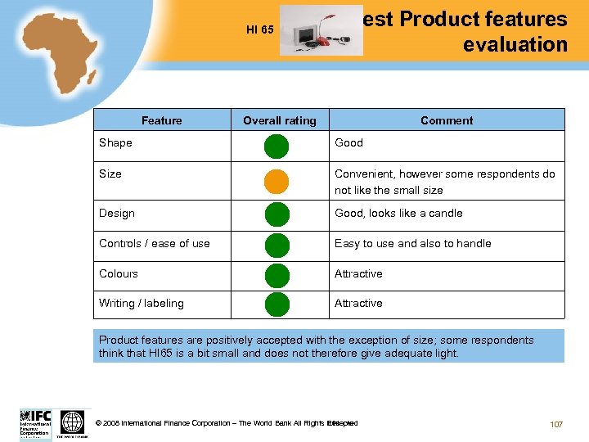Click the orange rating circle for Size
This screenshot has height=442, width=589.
(277, 181)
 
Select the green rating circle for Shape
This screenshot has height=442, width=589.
(277, 147)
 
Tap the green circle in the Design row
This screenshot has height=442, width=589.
(277, 214)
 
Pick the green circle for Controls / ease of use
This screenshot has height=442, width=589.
(277, 244)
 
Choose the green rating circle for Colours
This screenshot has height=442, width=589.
(277, 274)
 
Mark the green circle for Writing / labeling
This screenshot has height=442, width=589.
(277, 304)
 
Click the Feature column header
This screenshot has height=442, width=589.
(161, 120)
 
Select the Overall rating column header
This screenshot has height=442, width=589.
(279, 120)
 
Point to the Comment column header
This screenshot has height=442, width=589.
(447, 120)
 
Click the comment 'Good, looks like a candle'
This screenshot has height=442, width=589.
(398, 213)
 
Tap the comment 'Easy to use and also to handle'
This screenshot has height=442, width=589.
(412, 243)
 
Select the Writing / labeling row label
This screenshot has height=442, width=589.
(141, 303)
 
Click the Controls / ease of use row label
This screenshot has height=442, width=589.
(154, 243)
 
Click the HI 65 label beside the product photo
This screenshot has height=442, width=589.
(259, 30)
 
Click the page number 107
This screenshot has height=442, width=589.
(556, 424)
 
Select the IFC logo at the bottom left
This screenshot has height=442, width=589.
(35, 423)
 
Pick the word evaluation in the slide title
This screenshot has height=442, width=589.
(515, 44)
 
